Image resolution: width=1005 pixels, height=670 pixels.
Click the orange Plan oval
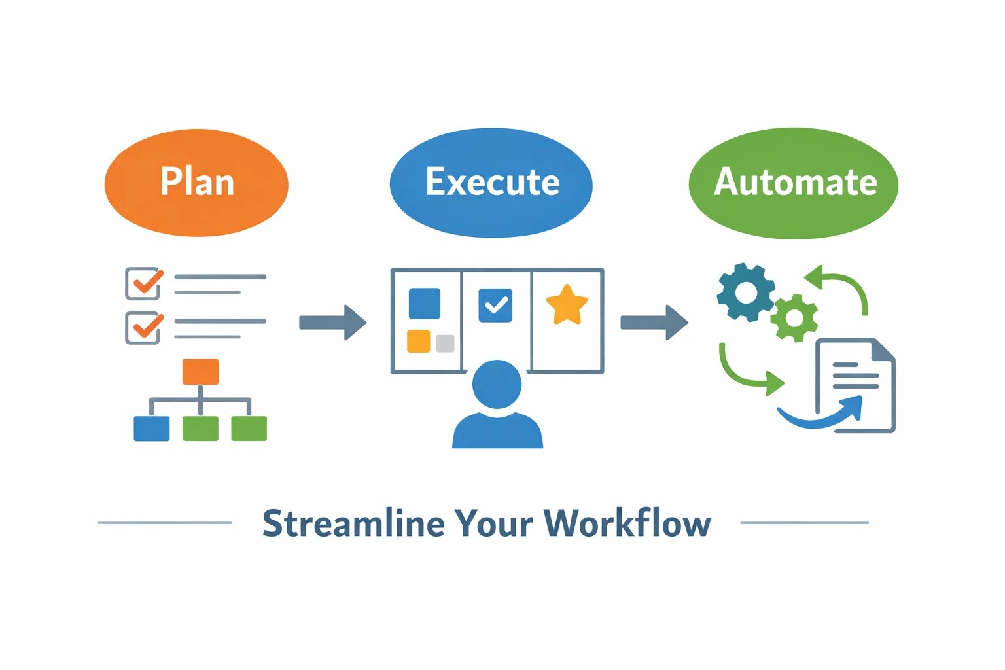pos(196,183)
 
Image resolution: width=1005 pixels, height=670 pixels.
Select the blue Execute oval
pos(491,183)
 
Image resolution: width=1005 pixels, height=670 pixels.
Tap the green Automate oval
pos(794,183)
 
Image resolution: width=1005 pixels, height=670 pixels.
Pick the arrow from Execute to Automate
pos(654,322)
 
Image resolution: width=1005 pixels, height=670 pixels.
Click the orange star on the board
pos(567,305)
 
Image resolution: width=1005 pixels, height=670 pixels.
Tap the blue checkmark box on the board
pos(495,306)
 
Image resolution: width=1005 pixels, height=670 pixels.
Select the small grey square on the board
pos(445,344)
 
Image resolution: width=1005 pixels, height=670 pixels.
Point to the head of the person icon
pos(497,384)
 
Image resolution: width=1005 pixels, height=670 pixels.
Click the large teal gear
pos(746,292)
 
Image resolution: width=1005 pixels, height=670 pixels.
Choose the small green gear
pos(794,318)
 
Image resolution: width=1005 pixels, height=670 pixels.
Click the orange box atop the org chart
pos(200,372)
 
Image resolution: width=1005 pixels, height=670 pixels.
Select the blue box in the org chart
pos(151,429)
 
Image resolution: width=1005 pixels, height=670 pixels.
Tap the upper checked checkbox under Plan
pos(143,283)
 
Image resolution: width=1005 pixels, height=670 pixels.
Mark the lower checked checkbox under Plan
pos(143,328)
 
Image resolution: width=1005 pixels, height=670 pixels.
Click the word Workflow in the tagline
pos(627,523)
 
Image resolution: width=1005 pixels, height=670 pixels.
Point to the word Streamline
pos(353,523)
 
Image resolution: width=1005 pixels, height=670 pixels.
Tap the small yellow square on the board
pos(419,341)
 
